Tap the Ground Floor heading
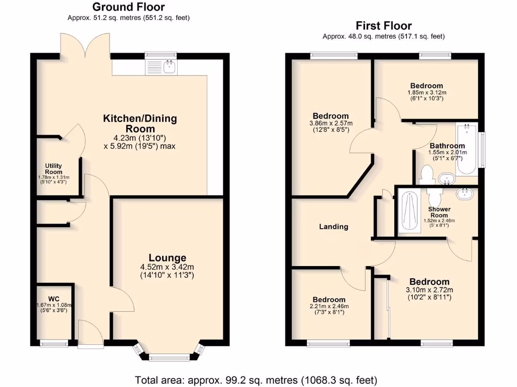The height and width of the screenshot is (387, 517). pyautogui.click(x=129, y=7)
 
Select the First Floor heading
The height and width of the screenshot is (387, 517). pyautogui.click(x=384, y=26)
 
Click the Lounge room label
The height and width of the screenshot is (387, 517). pyautogui.click(x=167, y=258)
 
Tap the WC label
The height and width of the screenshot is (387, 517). pyautogui.click(x=54, y=298)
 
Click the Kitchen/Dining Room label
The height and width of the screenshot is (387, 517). pyautogui.click(x=140, y=123)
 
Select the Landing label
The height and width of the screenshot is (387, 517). pyautogui.click(x=334, y=227)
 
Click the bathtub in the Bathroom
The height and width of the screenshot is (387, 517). pyautogui.click(x=467, y=149)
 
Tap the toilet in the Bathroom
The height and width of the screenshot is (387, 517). pyautogui.click(x=427, y=174)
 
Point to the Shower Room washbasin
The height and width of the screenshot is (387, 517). pyautogui.click(x=464, y=194)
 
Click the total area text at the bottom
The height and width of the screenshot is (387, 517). pyautogui.click(x=256, y=379)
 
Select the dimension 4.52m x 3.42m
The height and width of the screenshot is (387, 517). pyautogui.click(x=167, y=267)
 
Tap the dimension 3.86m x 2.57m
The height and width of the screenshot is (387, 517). pyautogui.click(x=331, y=123)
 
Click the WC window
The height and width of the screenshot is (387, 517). pyautogui.click(x=54, y=344)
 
